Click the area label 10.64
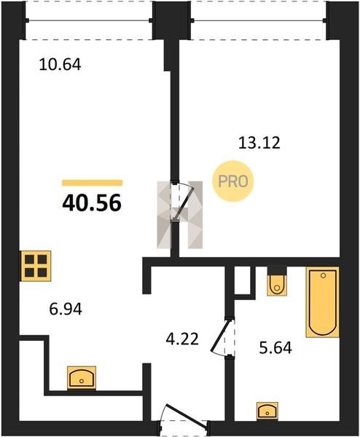click(60, 64)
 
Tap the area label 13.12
click(259, 143)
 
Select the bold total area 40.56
click(92, 202)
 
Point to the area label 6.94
click(66, 309)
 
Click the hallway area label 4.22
click(182, 339)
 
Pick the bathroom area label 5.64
click(275, 348)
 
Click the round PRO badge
click(233, 181)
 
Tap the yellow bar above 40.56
click(93, 183)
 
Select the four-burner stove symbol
click(36, 266)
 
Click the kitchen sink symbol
click(82, 377)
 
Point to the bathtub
click(323, 302)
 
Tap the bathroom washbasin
click(267, 411)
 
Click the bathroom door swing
click(221, 336)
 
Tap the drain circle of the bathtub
click(323, 275)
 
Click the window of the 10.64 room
click(89, 20)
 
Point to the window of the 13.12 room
click(258, 20)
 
